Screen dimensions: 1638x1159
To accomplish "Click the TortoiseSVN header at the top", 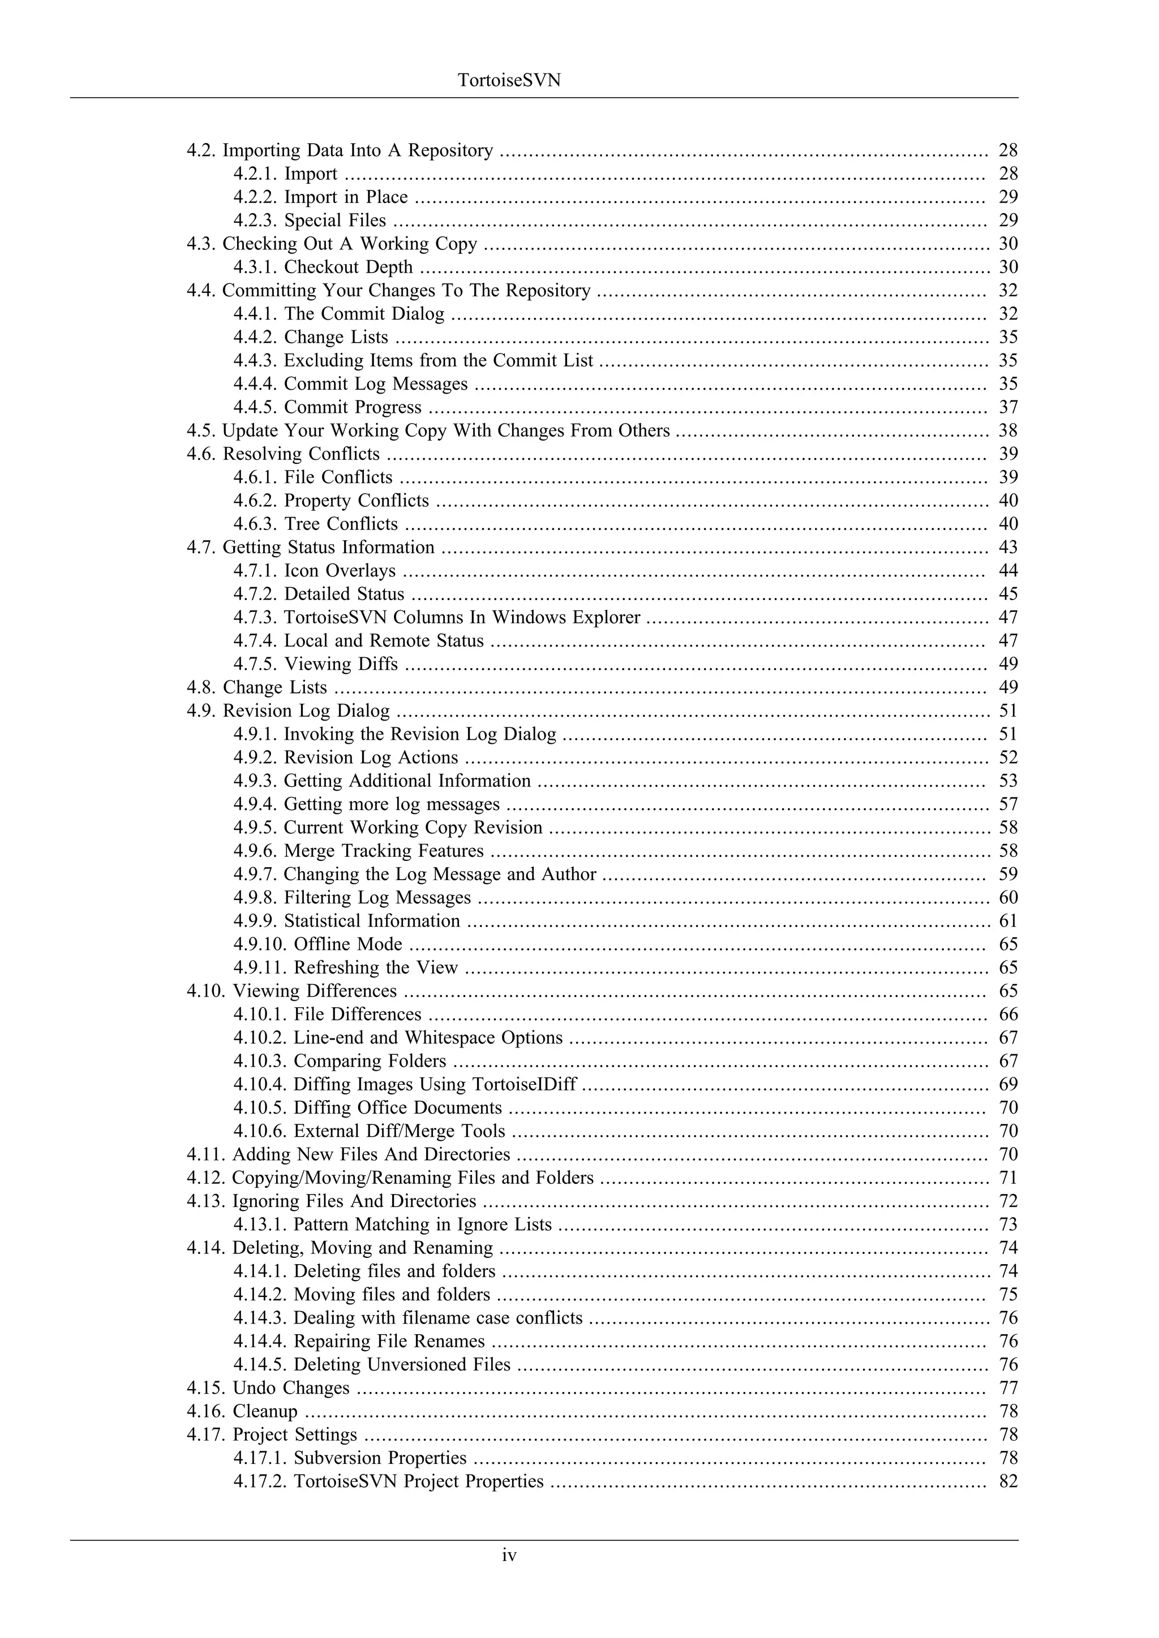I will click(x=509, y=80).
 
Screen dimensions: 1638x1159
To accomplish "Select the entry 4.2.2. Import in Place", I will click(x=320, y=197).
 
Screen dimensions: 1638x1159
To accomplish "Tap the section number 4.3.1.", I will click(x=255, y=267).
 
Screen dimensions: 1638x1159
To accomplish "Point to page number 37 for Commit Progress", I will click(x=1008, y=407).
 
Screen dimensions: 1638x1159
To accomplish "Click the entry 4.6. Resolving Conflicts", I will click(x=284, y=454).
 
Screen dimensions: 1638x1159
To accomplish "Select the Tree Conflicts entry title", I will click(x=341, y=524).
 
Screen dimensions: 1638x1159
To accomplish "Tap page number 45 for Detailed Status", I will click(x=1008, y=593).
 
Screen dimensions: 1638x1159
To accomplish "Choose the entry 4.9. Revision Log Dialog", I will click(x=288, y=710).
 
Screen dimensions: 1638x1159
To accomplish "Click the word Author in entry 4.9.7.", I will click(x=568, y=874).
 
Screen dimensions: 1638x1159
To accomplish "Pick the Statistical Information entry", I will click(x=372, y=921).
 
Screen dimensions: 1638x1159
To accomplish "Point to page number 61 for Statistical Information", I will click(x=1008, y=921).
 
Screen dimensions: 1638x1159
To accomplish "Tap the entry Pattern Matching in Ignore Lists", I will click(x=423, y=1224).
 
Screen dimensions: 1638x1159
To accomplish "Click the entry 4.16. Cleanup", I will click(x=242, y=1411).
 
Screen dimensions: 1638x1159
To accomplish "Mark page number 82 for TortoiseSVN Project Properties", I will click(x=1008, y=1481).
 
